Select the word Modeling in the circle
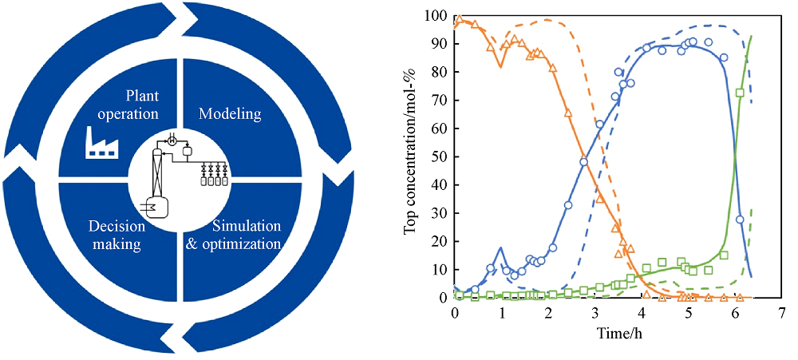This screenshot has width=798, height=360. (x=230, y=114)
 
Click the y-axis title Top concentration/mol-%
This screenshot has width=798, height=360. (x=411, y=156)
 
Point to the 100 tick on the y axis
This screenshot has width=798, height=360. (x=436, y=16)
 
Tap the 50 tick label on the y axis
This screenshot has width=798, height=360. (x=439, y=157)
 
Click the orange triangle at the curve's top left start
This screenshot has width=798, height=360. (x=459, y=19)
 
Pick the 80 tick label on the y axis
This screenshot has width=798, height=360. (x=439, y=73)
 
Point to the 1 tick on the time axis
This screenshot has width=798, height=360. (x=501, y=313)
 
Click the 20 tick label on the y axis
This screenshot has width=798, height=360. (x=439, y=242)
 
